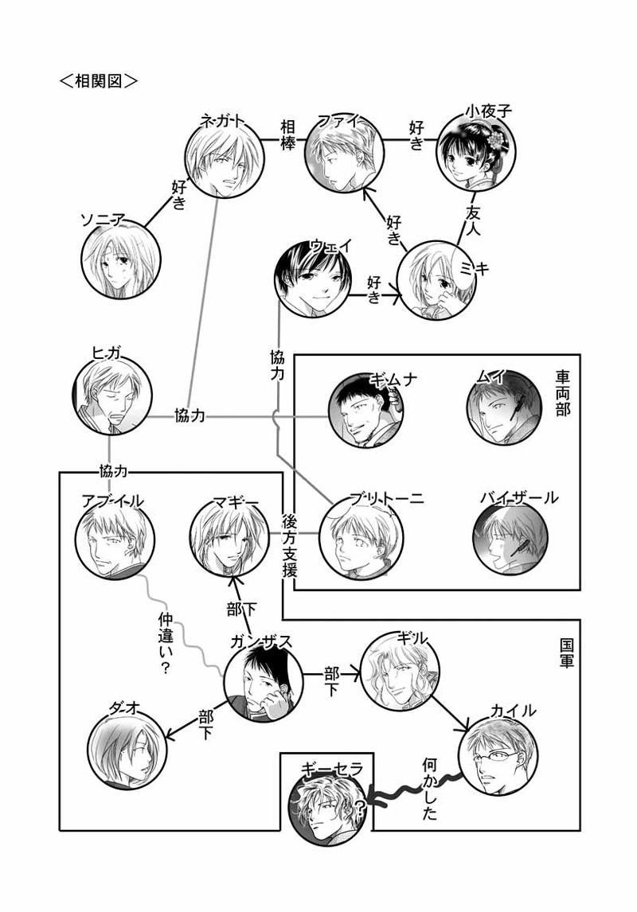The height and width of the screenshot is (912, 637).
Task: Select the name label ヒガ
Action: [107, 355]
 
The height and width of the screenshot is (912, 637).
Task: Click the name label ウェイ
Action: [330, 245]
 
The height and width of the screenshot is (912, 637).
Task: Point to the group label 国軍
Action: [565, 650]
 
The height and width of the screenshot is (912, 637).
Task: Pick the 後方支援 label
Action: [290, 546]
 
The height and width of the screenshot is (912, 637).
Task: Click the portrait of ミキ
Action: [436, 281]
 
